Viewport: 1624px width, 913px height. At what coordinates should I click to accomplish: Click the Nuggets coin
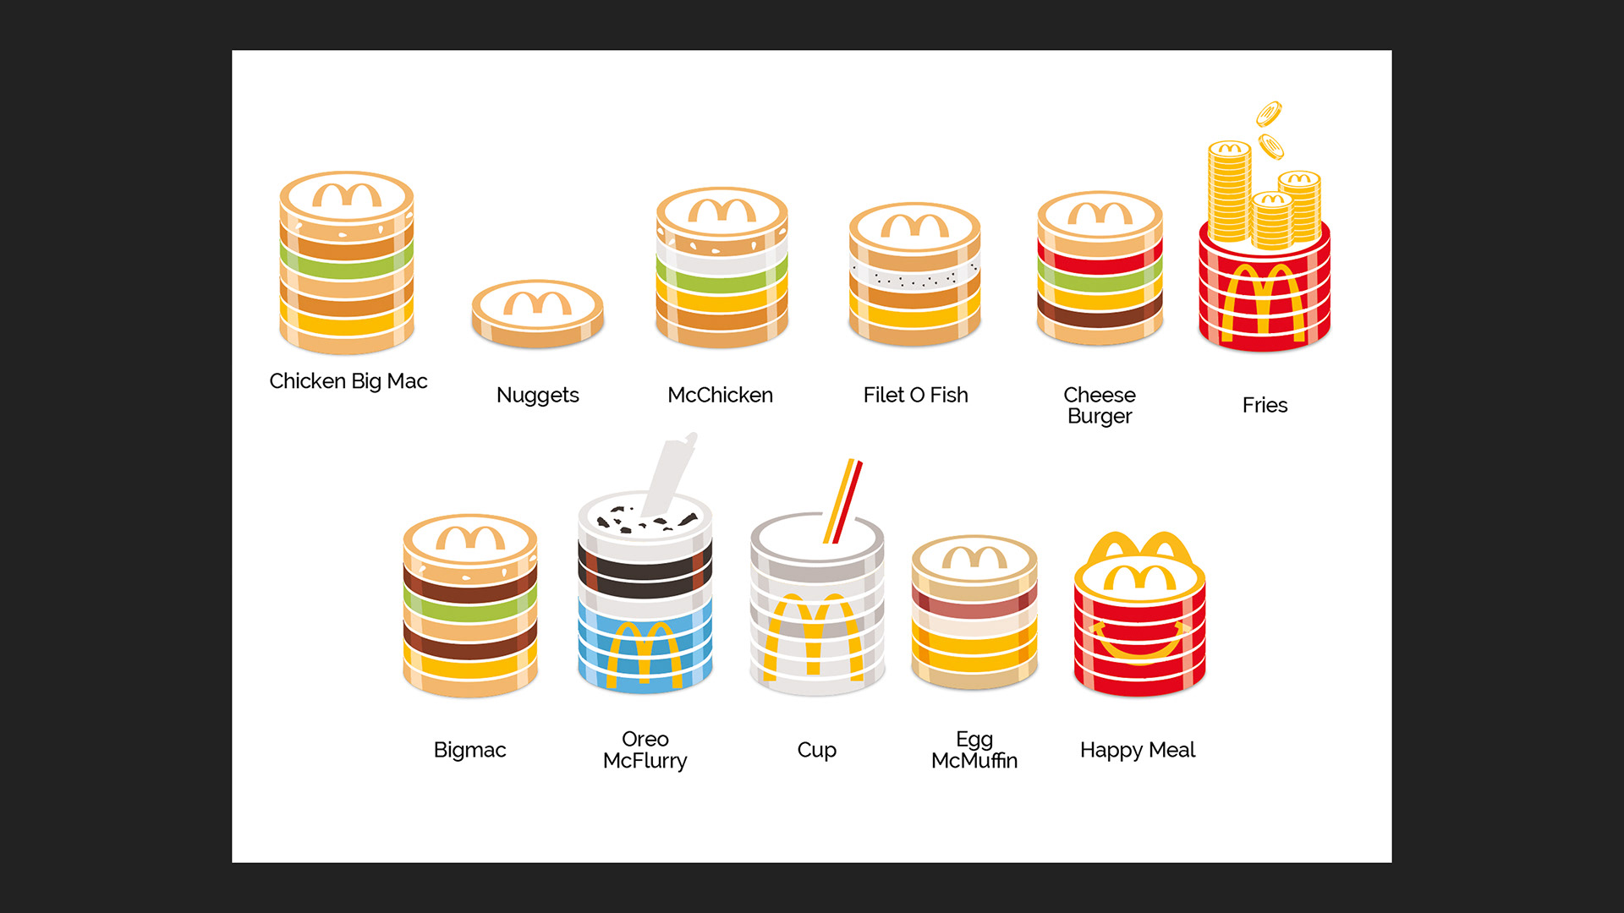[537, 314]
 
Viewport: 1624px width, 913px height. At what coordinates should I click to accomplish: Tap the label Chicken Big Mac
[348, 381]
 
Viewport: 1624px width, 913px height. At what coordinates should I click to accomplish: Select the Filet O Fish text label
[915, 395]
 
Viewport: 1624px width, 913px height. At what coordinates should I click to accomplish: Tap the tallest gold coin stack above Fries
[1228, 193]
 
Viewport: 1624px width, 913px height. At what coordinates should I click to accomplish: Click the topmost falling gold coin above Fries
[1269, 113]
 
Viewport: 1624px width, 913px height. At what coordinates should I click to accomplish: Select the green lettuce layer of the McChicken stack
[721, 282]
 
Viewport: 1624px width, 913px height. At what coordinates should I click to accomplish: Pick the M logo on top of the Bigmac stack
[470, 538]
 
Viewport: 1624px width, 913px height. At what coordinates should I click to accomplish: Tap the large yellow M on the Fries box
[1264, 300]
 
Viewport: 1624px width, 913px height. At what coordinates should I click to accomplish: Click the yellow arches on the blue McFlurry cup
[645, 651]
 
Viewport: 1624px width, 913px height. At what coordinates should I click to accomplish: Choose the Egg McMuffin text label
[974, 750]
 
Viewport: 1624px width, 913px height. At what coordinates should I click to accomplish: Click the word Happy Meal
[1138, 750]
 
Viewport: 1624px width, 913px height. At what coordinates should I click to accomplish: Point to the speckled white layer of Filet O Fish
[914, 276]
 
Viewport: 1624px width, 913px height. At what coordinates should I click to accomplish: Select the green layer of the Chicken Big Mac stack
[347, 261]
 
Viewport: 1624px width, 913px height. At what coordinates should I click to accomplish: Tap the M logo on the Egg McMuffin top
[974, 558]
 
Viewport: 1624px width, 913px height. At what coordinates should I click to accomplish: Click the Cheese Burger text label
[1100, 405]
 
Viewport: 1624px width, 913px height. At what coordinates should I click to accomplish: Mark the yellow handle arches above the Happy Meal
[1139, 546]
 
